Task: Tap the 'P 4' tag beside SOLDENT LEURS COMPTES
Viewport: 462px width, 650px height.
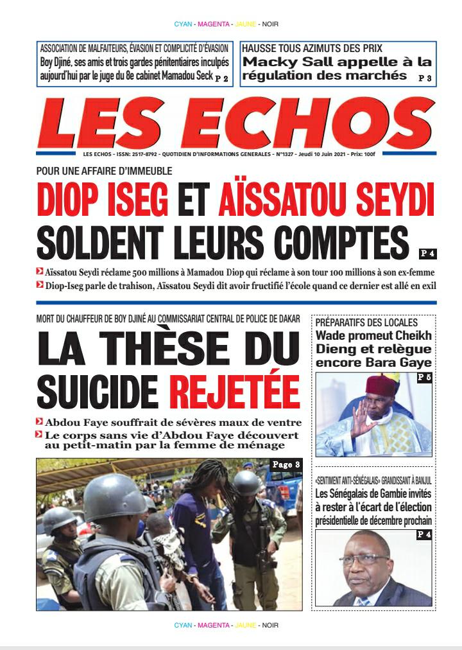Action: (x=427, y=253)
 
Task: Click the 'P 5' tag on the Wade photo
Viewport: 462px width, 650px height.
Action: (x=424, y=378)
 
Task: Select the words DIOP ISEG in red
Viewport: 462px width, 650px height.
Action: (x=102, y=200)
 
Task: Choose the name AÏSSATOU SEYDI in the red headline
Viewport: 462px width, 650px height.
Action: (x=326, y=200)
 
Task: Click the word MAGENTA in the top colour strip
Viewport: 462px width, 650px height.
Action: (x=214, y=24)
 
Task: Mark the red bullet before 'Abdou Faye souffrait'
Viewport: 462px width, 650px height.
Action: (x=40, y=422)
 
